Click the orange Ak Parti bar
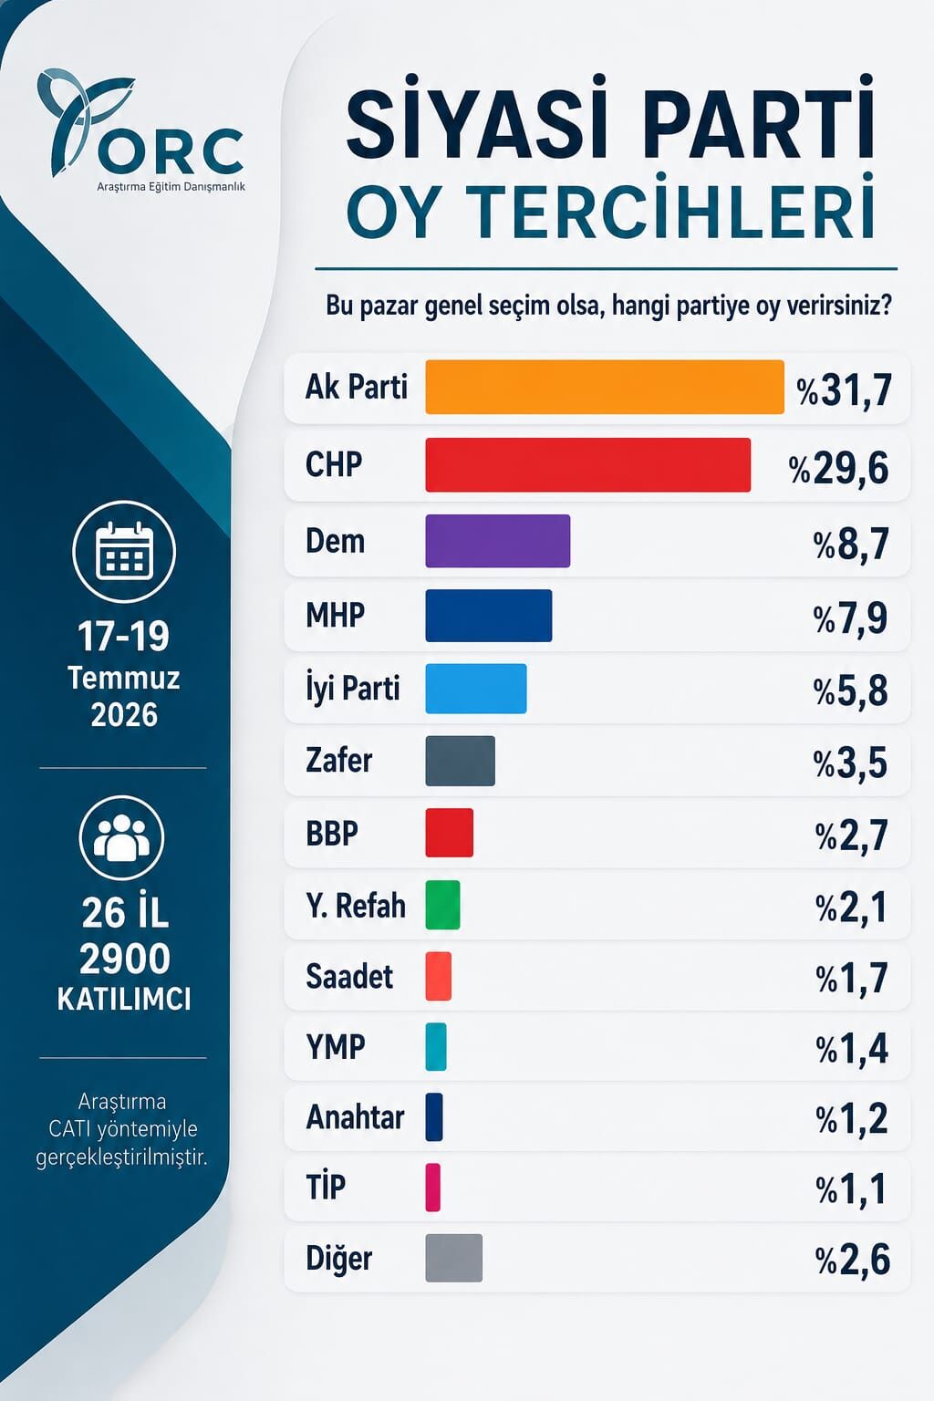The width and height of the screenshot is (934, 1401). click(605, 387)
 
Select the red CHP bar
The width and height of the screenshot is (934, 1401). click(588, 464)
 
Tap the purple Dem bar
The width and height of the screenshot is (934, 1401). click(498, 541)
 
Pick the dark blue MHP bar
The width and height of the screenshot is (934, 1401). click(489, 616)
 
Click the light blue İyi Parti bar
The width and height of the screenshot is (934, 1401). click(476, 689)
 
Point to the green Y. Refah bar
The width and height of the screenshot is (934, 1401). click(443, 905)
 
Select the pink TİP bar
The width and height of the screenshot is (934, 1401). click(433, 1187)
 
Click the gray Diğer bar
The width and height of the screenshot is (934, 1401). click(454, 1258)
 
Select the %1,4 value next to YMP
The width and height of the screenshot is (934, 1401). click(852, 1049)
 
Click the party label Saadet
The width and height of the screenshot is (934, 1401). click(349, 976)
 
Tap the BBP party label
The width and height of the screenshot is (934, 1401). click(332, 833)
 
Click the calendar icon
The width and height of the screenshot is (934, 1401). click(124, 552)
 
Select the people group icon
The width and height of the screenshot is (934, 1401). click(122, 838)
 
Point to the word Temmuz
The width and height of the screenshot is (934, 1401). click(124, 678)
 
